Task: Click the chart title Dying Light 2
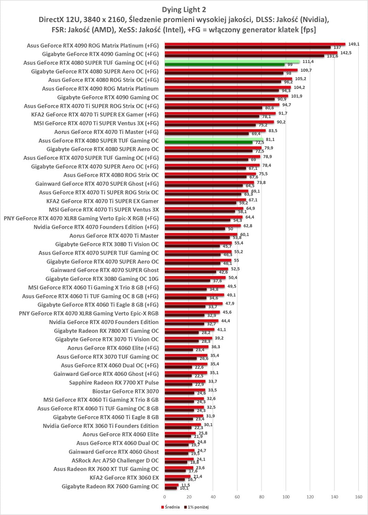click(x=184, y=9)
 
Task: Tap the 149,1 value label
click(x=354, y=44)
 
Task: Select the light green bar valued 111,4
click(x=232, y=61)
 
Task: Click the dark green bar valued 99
click(x=225, y=64)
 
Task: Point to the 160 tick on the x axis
click(x=359, y=497)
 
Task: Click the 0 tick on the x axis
click(x=165, y=497)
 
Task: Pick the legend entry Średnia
click(x=170, y=507)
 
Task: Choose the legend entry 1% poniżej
click(x=196, y=507)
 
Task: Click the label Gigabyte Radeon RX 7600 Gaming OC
click(x=110, y=486)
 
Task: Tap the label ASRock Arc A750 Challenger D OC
click(x=115, y=460)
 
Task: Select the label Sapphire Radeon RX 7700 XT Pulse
click(x=114, y=382)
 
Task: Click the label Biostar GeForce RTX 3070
click(x=126, y=391)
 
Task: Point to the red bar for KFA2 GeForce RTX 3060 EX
click(x=177, y=476)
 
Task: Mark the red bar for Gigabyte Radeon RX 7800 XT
click(x=189, y=329)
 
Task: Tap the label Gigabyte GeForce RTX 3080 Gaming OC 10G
click(x=102, y=279)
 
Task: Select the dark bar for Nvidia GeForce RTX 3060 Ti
click(x=178, y=427)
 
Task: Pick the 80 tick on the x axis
click(x=262, y=497)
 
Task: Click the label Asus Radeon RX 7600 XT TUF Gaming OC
click(x=106, y=469)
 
